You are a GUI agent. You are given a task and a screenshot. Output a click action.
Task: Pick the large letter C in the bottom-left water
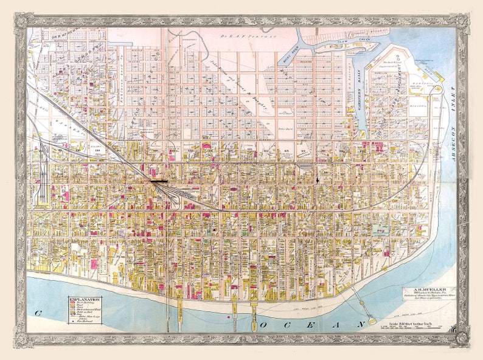[x=37, y=313]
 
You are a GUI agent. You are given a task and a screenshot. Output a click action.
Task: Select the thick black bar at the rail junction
[x=159, y=181]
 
